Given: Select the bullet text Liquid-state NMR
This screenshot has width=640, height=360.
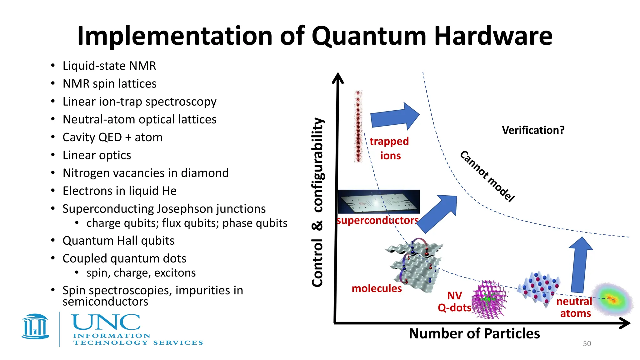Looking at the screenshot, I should coord(109,66).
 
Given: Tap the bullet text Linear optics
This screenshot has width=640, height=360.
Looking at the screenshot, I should coord(97,155).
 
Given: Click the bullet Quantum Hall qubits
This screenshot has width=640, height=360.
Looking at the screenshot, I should coord(118,241).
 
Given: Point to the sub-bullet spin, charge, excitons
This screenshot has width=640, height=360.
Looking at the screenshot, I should coord(141,273).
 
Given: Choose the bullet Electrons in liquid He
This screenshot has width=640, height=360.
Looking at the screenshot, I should coord(119,191).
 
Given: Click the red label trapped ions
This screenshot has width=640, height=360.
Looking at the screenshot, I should coord(389,148).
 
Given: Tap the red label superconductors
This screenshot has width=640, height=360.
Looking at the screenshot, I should coord(377,220).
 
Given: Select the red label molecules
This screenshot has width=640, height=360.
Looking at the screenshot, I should coord(377,288).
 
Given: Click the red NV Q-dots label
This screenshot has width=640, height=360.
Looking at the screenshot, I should coord(454,302).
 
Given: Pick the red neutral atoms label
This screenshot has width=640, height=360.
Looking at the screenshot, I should coord(575,307).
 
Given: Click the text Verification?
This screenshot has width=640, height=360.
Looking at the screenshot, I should coord(533,130).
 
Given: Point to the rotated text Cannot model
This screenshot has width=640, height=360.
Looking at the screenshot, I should coord(487,177).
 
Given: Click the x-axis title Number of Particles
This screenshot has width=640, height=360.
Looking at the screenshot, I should coord(474,333).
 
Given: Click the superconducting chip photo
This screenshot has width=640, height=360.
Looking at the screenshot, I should coord(379,202).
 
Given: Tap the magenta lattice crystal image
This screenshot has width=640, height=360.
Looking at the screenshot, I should coord(489,300).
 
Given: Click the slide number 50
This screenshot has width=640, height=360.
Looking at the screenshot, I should coord(587,344).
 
